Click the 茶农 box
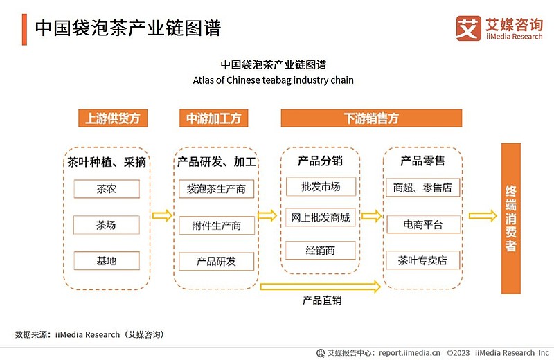(107, 189)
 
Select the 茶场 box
(107, 225)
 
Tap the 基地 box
(107, 261)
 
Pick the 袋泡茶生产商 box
(216, 189)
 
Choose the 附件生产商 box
(217, 226)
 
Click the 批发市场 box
(321, 186)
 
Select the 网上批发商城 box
(321, 217)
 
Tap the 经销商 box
(321, 251)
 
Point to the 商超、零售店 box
(423, 188)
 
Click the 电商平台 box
(423, 224)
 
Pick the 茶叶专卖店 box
(423, 260)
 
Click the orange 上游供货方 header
(113, 118)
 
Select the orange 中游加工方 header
(214, 118)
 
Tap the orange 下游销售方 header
(371, 118)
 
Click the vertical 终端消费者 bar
(511, 218)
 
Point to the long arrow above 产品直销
(321, 287)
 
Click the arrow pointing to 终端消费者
(483, 215)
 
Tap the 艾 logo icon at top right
(469, 28)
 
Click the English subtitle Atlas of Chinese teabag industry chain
(273, 80)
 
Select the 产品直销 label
(322, 300)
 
